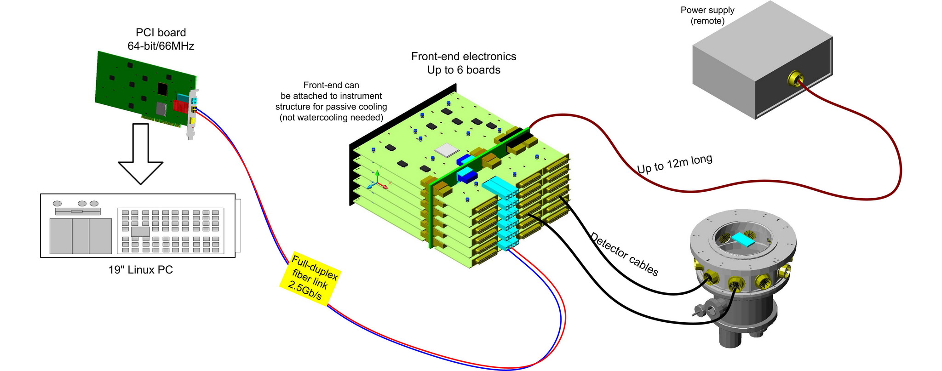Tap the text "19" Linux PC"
click(x=141, y=270)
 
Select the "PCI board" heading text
click(x=161, y=33)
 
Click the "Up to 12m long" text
click(x=674, y=164)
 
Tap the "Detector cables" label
click(x=624, y=254)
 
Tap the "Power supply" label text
click(x=707, y=10)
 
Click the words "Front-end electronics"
click(x=464, y=57)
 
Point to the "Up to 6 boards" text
click(x=464, y=70)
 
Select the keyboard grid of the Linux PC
click(x=170, y=231)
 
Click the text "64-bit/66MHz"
click(x=161, y=46)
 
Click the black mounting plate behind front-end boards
click(x=354, y=175)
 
